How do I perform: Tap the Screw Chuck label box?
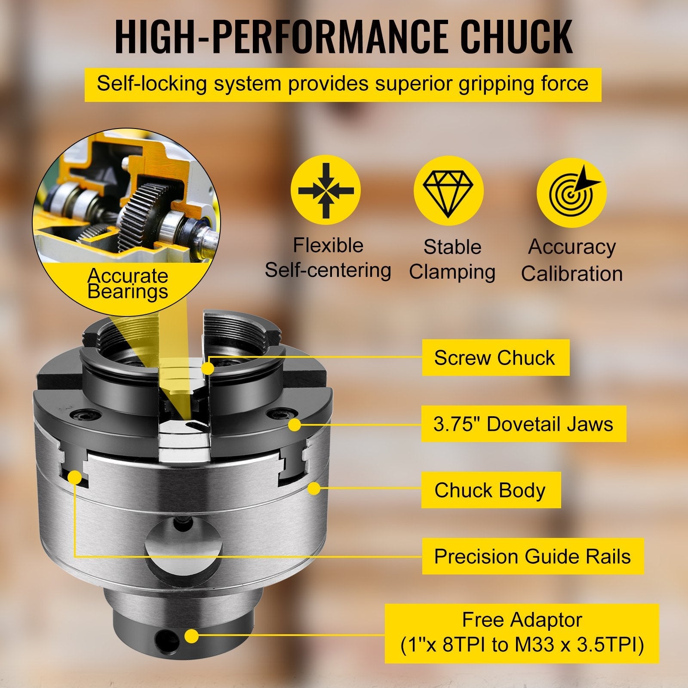click(496, 357)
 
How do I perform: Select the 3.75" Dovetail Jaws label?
click(524, 424)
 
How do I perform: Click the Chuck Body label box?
click(491, 490)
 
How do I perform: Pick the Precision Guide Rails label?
click(533, 556)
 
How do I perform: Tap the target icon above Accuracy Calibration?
click(571, 192)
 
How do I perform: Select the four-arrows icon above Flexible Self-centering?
click(326, 190)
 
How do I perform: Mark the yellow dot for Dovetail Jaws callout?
click(295, 425)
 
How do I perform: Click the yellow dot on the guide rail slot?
click(75, 477)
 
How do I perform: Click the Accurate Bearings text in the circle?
click(127, 283)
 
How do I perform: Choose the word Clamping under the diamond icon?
click(452, 272)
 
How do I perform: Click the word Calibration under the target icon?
click(572, 273)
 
